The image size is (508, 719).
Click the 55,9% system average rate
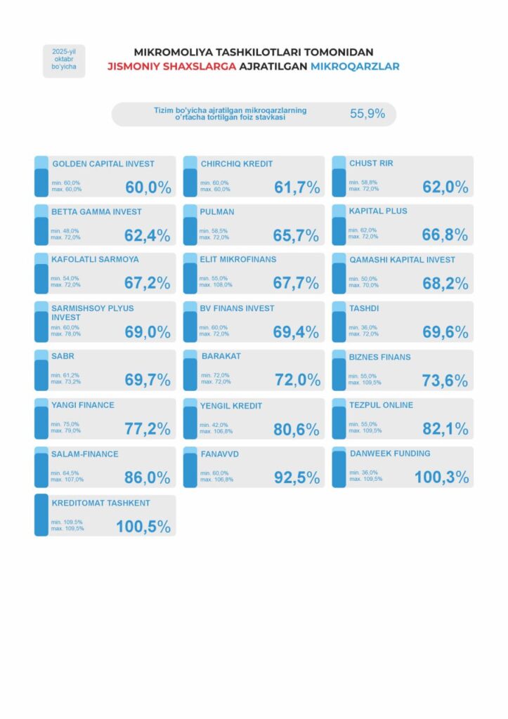tap(367, 114)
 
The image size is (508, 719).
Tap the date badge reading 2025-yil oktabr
tap(64, 61)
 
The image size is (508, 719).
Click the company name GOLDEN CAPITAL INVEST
tap(103, 164)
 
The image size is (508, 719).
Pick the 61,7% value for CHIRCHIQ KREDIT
tap(297, 187)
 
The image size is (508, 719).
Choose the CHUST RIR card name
tap(371, 164)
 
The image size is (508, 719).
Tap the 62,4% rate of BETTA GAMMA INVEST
tap(148, 236)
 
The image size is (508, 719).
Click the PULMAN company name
tap(218, 211)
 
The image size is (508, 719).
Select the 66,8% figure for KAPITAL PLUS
tap(445, 235)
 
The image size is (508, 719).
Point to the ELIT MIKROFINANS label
tap(239, 259)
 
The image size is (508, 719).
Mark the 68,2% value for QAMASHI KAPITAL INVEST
tap(445, 284)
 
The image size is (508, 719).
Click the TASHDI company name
tap(363, 308)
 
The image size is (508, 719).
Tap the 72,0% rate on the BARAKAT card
tap(297, 381)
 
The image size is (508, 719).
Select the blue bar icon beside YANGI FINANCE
tap(41, 419)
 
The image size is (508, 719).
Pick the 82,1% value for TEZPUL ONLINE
tap(445, 429)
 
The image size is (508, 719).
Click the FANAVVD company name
tap(221, 454)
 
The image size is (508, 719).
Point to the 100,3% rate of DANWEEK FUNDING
tap(441, 477)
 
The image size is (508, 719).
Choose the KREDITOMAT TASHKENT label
tap(101, 503)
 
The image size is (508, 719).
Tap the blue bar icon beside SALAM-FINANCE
tap(41, 468)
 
